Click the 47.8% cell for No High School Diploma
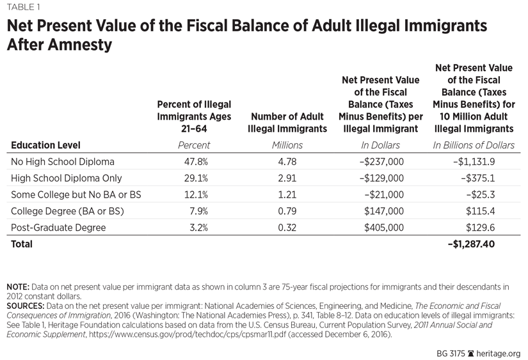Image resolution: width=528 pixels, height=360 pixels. (x=194, y=161)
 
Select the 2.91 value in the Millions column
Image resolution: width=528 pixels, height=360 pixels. (x=287, y=178)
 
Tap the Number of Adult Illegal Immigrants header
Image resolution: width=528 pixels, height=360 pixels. (x=287, y=123)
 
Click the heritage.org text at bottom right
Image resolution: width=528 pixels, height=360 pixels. (x=499, y=353)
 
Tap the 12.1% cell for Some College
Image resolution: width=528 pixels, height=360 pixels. (x=194, y=194)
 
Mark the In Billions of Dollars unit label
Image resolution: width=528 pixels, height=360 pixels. (x=474, y=145)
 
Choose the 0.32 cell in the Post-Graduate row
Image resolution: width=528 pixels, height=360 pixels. (x=287, y=227)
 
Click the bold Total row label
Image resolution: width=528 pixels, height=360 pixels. (x=22, y=244)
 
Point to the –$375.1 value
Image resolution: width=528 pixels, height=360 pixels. (x=481, y=178)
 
